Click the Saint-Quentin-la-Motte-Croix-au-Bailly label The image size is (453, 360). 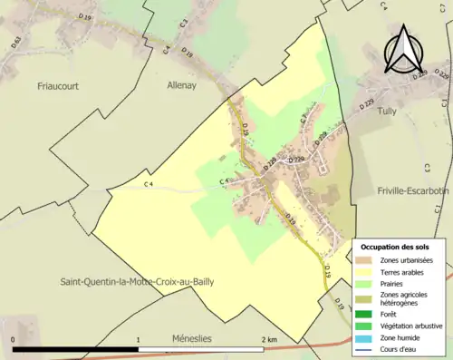(138, 282)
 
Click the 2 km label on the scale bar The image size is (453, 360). (269, 340)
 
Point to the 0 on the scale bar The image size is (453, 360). (13, 340)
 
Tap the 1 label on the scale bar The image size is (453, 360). (138, 340)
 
